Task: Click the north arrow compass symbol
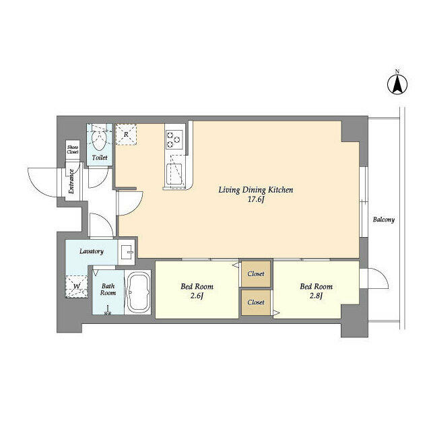[x=397, y=83]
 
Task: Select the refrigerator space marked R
[x=126, y=135]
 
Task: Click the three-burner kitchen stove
[x=174, y=139]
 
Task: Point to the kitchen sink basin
[x=174, y=174]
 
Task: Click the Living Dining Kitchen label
[x=256, y=190]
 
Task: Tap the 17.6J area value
[x=256, y=199]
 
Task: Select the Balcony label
[x=383, y=220]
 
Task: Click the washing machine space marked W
[x=77, y=286]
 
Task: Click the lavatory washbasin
[x=127, y=252]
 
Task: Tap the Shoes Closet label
[x=73, y=150]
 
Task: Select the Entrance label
[x=71, y=181]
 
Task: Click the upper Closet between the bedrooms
[x=256, y=274]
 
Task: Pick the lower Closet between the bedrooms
[x=256, y=302]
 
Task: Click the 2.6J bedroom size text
[x=197, y=296]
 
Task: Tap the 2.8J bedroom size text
[x=316, y=296]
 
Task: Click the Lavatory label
[x=92, y=251]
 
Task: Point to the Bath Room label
[x=108, y=290]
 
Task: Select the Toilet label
[x=100, y=158]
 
